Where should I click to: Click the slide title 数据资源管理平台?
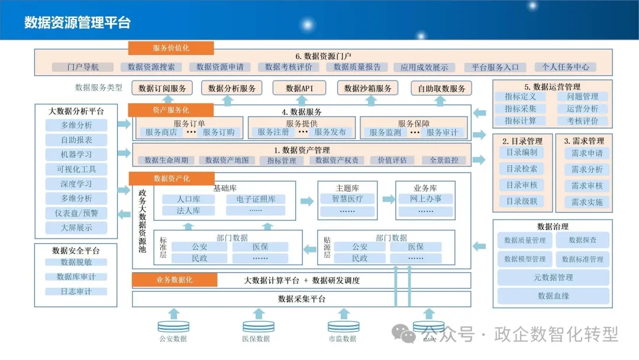[78, 22]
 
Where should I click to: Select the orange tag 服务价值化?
[171, 48]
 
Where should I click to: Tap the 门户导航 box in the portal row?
[83, 67]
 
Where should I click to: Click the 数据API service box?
[299, 88]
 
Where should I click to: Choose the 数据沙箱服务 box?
[367, 88]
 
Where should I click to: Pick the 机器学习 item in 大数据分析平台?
[76, 155]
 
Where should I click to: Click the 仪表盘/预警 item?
[76, 213]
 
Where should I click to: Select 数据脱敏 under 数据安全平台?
[76, 262]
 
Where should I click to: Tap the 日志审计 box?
[76, 291]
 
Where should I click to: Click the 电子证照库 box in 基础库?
[256, 199]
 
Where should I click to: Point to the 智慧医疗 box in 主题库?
[347, 199]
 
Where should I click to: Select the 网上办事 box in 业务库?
[425, 198]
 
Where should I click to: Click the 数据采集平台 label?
[302, 299]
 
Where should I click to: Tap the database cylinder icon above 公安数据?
[173, 326]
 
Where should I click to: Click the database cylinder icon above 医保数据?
[259, 326]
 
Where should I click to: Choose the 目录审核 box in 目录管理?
[522, 185]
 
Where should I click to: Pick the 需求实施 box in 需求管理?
[587, 202]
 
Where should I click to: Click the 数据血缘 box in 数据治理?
[553, 296]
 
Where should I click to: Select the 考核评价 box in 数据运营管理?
[583, 121]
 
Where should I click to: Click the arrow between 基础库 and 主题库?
[307, 201]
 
